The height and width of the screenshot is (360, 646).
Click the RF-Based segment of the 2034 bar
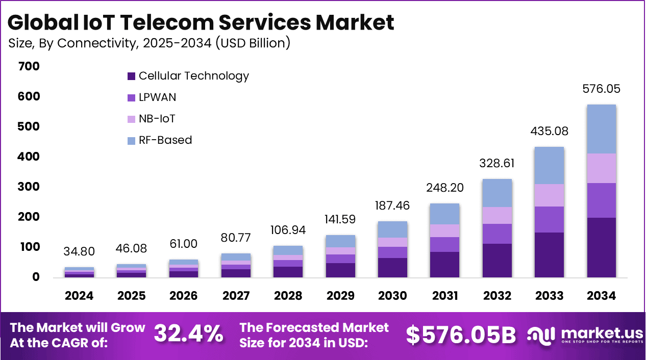pyautogui.click(x=601, y=129)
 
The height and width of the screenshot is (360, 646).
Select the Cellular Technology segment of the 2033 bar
pyautogui.click(x=549, y=255)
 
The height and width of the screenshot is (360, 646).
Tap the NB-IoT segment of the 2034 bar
pyautogui.click(x=601, y=168)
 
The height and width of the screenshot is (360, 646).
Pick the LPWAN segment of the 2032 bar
pyautogui.click(x=496, y=234)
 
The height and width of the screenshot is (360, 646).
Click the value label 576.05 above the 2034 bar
pyautogui.click(x=601, y=89)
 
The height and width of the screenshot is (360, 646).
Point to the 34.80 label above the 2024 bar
pyautogui.click(x=79, y=251)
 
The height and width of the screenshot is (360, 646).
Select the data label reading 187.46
pyautogui.click(x=392, y=205)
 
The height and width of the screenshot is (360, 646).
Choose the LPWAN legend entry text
pyautogui.click(x=157, y=97)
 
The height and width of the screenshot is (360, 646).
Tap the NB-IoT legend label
pyautogui.click(x=157, y=119)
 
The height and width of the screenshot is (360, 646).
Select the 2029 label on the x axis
pyautogui.click(x=340, y=296)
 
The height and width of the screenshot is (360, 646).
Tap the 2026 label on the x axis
pyautogui.click(x=184, y=296)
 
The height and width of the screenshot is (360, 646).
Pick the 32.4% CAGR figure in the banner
pyautogui.click(x=189, y=334)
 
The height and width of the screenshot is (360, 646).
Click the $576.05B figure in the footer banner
pyautogui.click(x=461, y=335)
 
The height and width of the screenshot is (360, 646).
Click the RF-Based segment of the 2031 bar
pyautogui.click(x=444, y=214)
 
